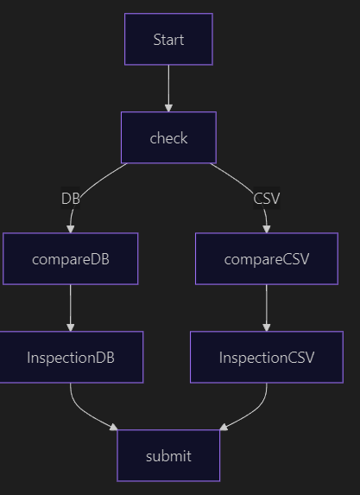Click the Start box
pos(168,39)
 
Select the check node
pos(168,137)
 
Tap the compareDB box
pos(70,259)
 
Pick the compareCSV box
pos(267,259)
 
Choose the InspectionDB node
pos(70,358)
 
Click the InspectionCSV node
pos(267,358)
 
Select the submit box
pos(168,455)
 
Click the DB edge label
pos(71,198)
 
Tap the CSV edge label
pos(267,198)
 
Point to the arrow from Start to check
pos(168,88)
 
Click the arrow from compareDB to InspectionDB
pos(70,308)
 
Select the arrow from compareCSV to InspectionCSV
pos(267,308)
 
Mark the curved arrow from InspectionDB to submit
pos(83,410)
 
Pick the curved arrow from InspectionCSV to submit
pos(255,410)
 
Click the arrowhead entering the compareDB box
pos(70,229)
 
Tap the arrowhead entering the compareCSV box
pos(267,229)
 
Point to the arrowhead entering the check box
pos(168,108)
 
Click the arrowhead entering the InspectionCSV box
pos(267,327)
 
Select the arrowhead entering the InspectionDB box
pos(70,327)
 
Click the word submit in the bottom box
pos(168,456)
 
